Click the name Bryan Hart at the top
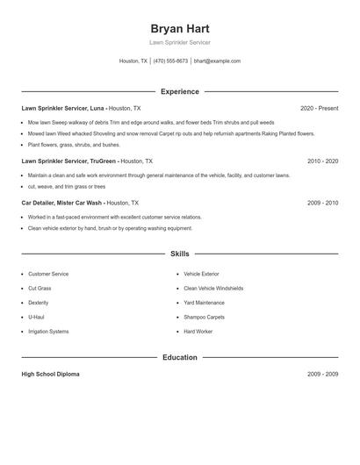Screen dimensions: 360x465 coord(180,28)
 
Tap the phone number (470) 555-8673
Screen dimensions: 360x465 coord(171,61)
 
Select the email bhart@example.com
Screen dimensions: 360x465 coord(217,61)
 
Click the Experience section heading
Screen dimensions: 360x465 coord(180,91)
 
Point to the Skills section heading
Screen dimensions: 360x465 coord(180,254)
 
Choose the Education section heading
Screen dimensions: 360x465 coord(180,357)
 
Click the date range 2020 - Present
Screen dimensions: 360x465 coord(319,108)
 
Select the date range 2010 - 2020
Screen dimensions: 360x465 coord(322,161)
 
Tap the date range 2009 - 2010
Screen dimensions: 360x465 coord(322,203)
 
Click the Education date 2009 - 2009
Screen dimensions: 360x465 coord(322,374)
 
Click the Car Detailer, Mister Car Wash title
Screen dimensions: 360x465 coord(62,203)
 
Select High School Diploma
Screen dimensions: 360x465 coord(50,374)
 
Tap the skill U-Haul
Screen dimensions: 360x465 coord(36,317)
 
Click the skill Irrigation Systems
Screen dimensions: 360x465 coord(48,332)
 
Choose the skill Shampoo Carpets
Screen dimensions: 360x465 coord(204,317)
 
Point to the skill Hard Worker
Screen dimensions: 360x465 coord(198,332)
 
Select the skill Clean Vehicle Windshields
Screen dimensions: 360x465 coord(213,288)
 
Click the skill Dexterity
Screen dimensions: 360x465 coord(40,303)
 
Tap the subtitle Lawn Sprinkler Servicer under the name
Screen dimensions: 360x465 coord(180,42)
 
